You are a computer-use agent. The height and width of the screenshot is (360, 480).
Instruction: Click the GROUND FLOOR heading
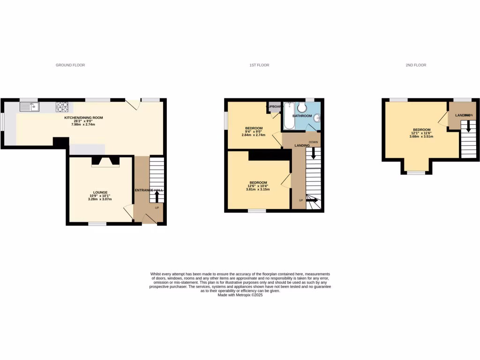pos(70,65)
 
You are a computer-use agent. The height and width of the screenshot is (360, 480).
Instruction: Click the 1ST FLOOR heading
pos(259,65)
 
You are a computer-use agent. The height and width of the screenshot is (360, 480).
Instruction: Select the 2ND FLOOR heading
pos(416,65)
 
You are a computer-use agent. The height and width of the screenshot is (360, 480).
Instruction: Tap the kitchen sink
pos(30,106)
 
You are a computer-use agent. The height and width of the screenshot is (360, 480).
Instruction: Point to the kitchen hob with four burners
pos(62,106)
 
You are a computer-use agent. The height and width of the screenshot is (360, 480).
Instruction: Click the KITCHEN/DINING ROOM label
pos(83,118)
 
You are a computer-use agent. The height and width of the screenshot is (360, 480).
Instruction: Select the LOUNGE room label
pos(100,192)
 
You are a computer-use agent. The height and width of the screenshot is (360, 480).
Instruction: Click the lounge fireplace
pos(105,162)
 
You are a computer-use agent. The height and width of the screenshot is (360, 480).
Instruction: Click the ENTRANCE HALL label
pos(149,190)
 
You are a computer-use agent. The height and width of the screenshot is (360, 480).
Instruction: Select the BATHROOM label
pos(302,115)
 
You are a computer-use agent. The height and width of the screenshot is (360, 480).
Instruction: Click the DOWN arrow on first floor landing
pos(313,154)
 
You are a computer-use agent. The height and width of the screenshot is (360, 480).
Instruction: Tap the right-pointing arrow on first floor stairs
pos(312,200)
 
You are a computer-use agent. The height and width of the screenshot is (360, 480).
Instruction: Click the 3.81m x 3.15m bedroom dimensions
pos(258,189)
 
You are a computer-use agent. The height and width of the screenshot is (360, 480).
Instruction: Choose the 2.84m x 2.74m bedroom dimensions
pos(254,135)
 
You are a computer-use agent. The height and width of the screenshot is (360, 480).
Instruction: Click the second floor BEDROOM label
pos(421,130)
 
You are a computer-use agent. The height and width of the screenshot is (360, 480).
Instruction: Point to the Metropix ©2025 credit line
pos(240,295)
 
